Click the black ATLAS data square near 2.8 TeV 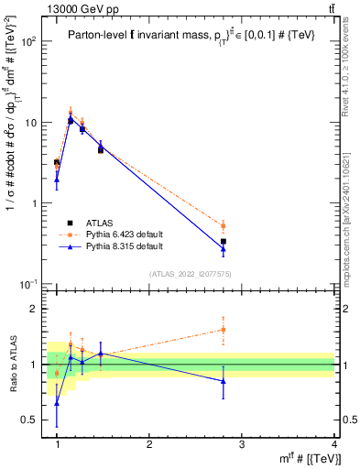point(224,242)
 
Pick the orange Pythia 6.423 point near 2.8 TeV point(224,225)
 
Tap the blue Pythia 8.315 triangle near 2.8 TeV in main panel point(224,248)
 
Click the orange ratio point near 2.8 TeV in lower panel point(224,330)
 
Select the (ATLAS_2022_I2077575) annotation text point(190,274)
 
